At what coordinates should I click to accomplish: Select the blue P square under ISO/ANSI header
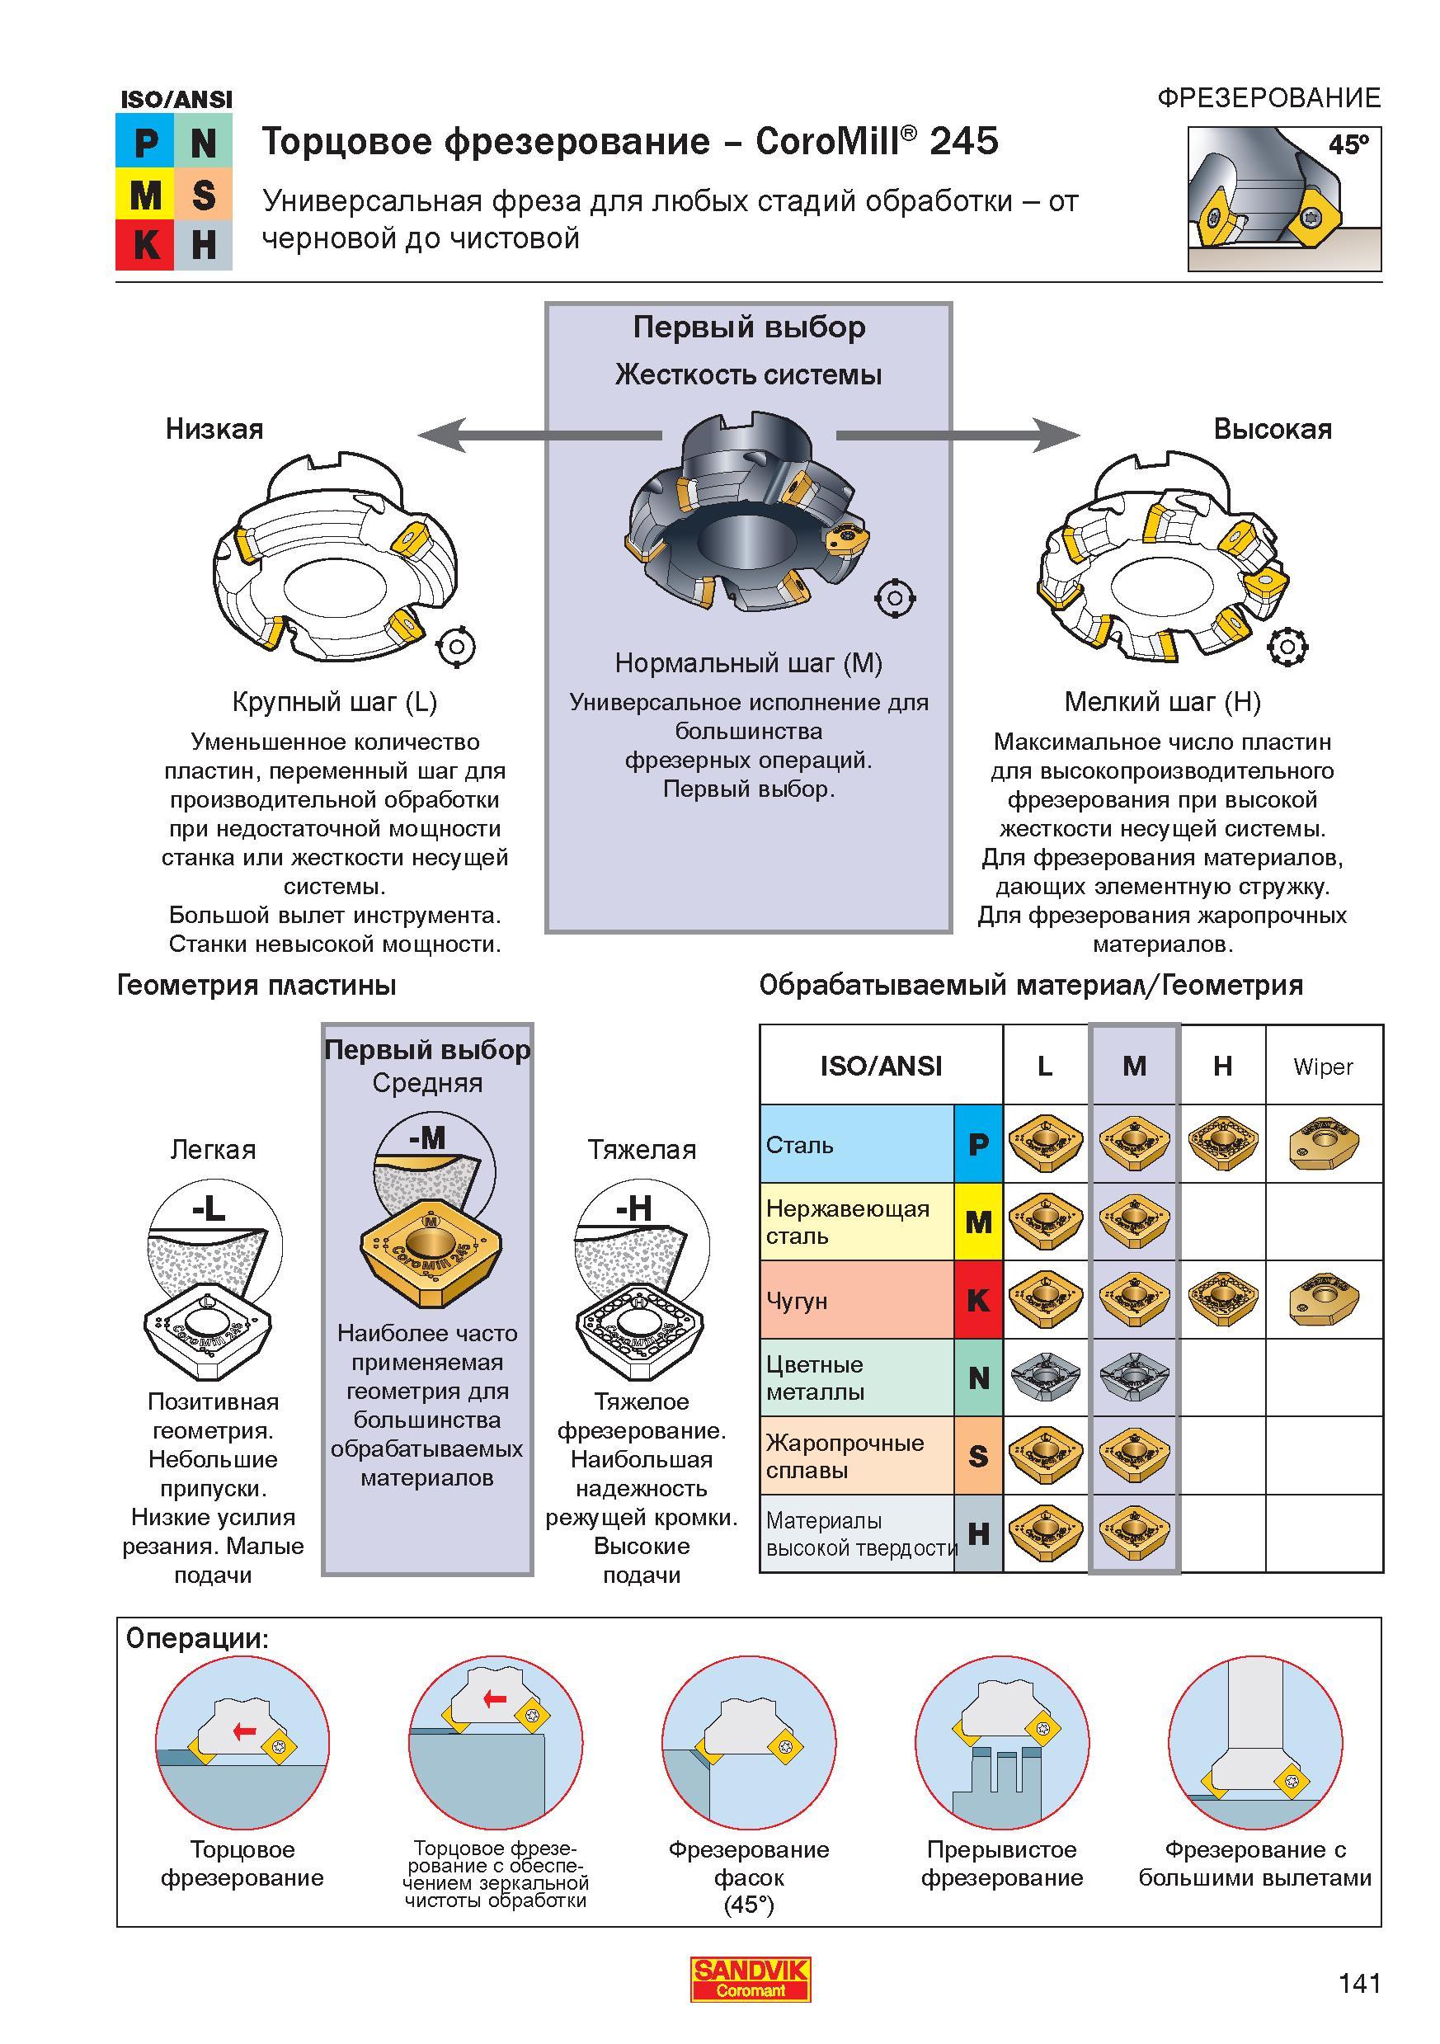coord(145,142)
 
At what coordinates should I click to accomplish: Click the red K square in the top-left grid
coord(145,243)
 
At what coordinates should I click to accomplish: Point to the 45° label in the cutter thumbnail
coord(1348,144)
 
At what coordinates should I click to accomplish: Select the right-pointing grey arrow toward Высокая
coord(958,436)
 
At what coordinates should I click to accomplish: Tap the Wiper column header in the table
coord(1324,1067)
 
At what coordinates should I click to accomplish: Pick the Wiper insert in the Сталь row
coord(1324,1143)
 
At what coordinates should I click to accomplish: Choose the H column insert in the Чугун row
coord(1222,1299)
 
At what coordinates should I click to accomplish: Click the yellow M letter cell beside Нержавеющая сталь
coord(978,1222)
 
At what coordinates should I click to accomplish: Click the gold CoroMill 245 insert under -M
coord(431,1255)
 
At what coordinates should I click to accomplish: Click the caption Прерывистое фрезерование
coord(1002,1863)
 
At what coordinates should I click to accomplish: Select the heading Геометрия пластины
coord(256,986)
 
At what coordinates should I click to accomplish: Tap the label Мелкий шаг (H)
coord(1162,703)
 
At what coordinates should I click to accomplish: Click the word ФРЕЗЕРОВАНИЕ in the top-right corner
coord(1269,98)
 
